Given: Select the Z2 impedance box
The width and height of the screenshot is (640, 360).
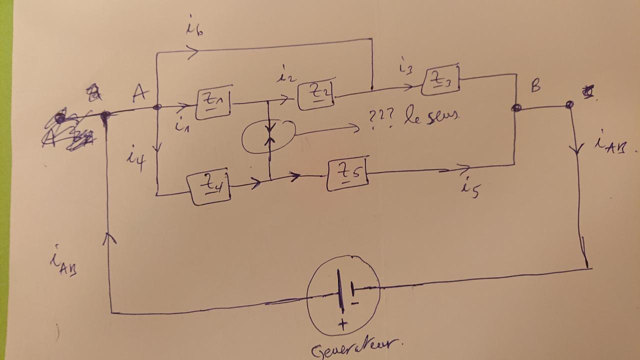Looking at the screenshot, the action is pos(316,95).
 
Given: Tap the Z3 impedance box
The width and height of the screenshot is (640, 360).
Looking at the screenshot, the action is pos(440,80).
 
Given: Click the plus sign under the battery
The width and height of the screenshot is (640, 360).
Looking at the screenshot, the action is pos(342,325).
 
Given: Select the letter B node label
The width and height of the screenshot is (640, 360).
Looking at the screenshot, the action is pos(535,86).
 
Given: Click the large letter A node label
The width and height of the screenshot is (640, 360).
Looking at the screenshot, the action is pos(140,92).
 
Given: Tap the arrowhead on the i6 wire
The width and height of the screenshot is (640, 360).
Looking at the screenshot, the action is pos(193,51).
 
